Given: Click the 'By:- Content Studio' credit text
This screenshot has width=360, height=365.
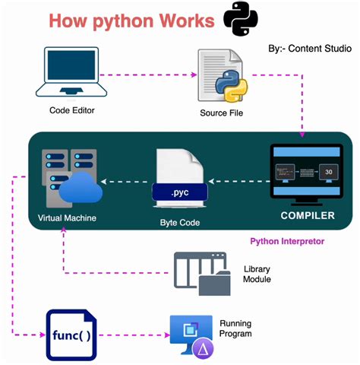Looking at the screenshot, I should [x=309, y=49].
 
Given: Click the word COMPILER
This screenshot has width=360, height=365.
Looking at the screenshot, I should [x=308, y=216].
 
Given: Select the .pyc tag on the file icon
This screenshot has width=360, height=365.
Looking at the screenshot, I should [x=180, y=193].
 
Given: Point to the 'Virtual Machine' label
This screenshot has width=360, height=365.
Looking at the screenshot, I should [x=70, y=217].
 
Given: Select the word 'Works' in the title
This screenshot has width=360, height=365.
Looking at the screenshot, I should [x=176, y=21].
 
